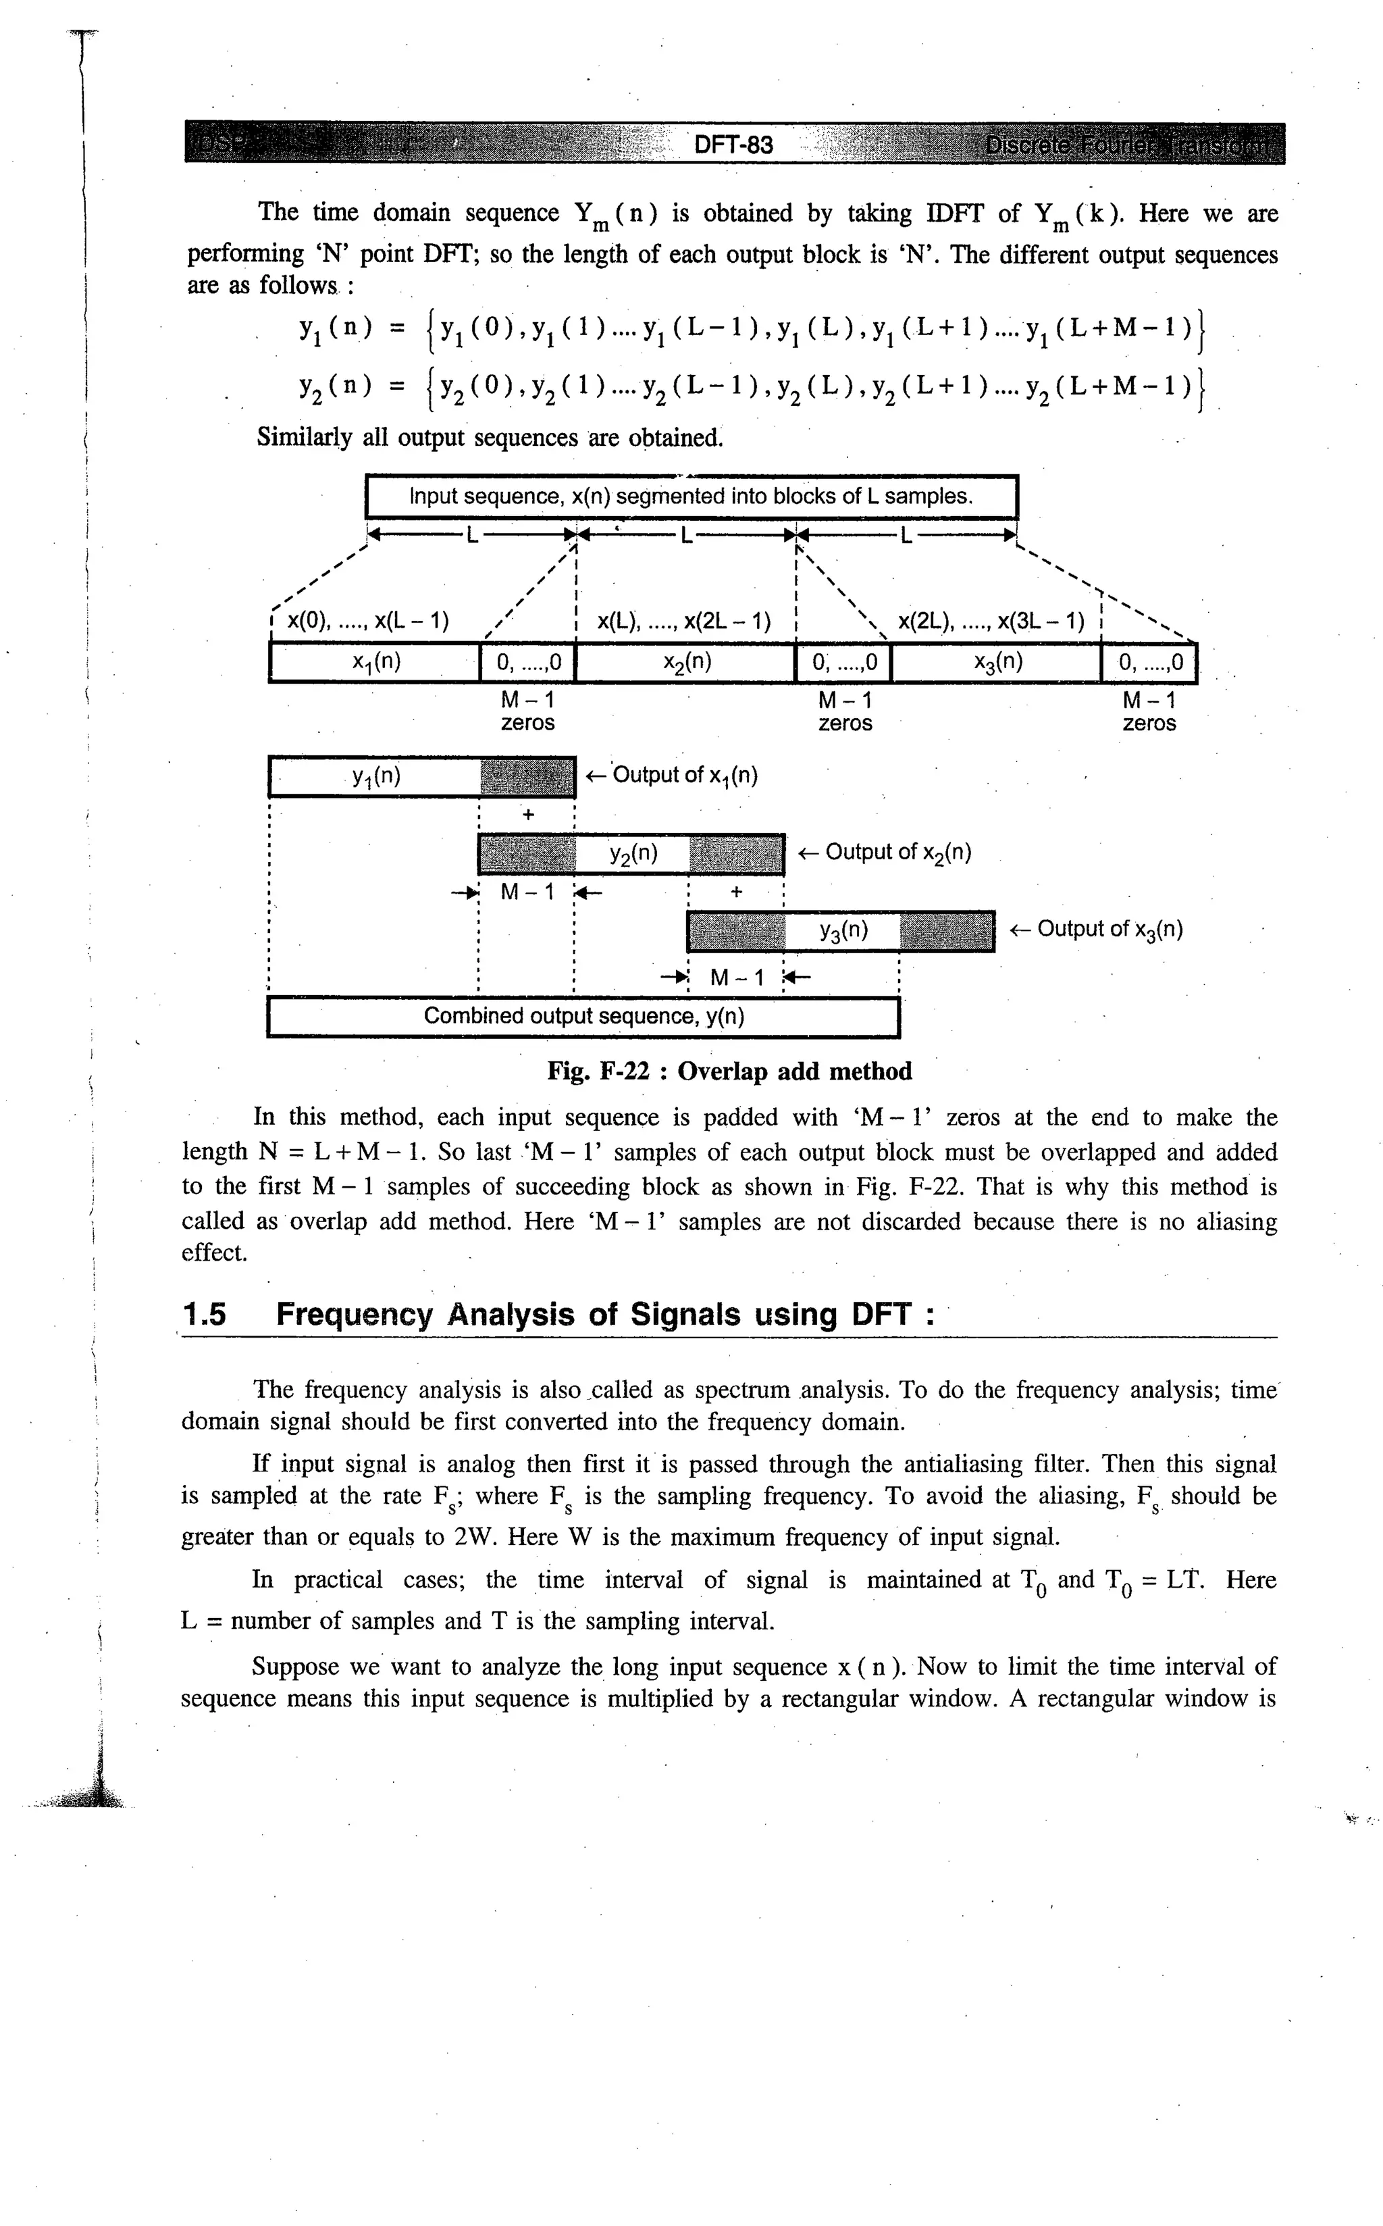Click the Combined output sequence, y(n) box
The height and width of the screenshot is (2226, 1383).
click(583, 1017)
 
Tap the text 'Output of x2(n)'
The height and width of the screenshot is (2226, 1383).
click(896, 853)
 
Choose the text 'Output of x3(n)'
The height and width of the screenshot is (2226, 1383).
click(1109, 930)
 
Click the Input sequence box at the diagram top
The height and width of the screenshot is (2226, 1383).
click(691, 497)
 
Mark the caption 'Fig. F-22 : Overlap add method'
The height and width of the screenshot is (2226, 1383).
click(729, 1071)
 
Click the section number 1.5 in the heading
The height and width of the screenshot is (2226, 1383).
click(205, 1315)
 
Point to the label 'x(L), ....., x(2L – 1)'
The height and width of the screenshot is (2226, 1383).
click(683, 622)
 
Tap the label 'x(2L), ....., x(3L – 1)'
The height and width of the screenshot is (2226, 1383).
click(991, 622)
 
